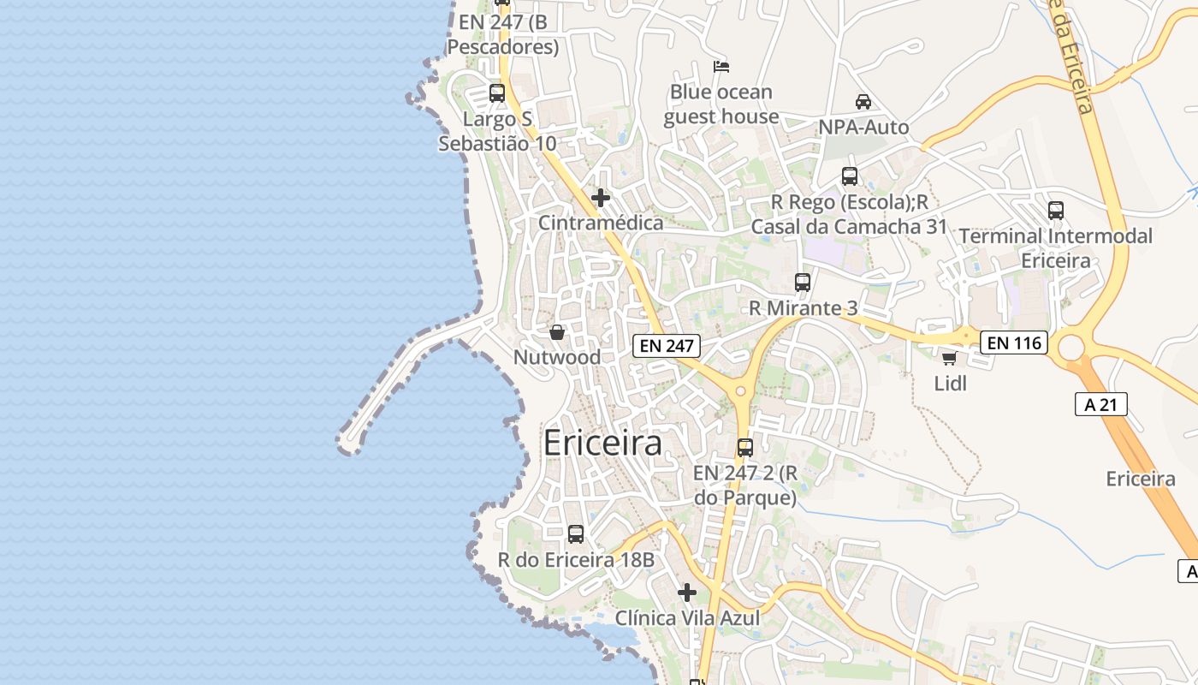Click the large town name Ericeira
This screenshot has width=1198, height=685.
point(602,443)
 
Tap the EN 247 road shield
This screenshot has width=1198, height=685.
point(667,346)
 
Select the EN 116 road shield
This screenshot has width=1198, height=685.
point(1014,342)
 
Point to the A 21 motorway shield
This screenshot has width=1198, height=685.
point(1100,404)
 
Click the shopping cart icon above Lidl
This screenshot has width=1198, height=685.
point(949,358)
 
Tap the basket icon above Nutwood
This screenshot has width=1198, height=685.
point(557,332)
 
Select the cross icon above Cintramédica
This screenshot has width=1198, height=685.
point(601,198)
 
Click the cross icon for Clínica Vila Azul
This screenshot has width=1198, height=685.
point(687,592)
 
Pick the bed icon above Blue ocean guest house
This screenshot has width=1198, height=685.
point(721,66)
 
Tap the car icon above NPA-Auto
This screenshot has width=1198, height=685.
point(863,102)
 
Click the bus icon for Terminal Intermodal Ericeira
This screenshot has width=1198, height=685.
point(1056,210)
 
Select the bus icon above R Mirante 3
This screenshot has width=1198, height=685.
point(803,282)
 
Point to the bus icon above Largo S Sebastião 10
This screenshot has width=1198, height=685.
point(497,92)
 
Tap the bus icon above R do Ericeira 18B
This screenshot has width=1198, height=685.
point(576,533)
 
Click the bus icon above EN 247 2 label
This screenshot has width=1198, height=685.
point(745,447)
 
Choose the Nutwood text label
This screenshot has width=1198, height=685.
point(557,357)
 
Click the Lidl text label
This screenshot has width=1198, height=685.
point(950,384)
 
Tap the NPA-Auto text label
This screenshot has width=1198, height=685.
point(863,128)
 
